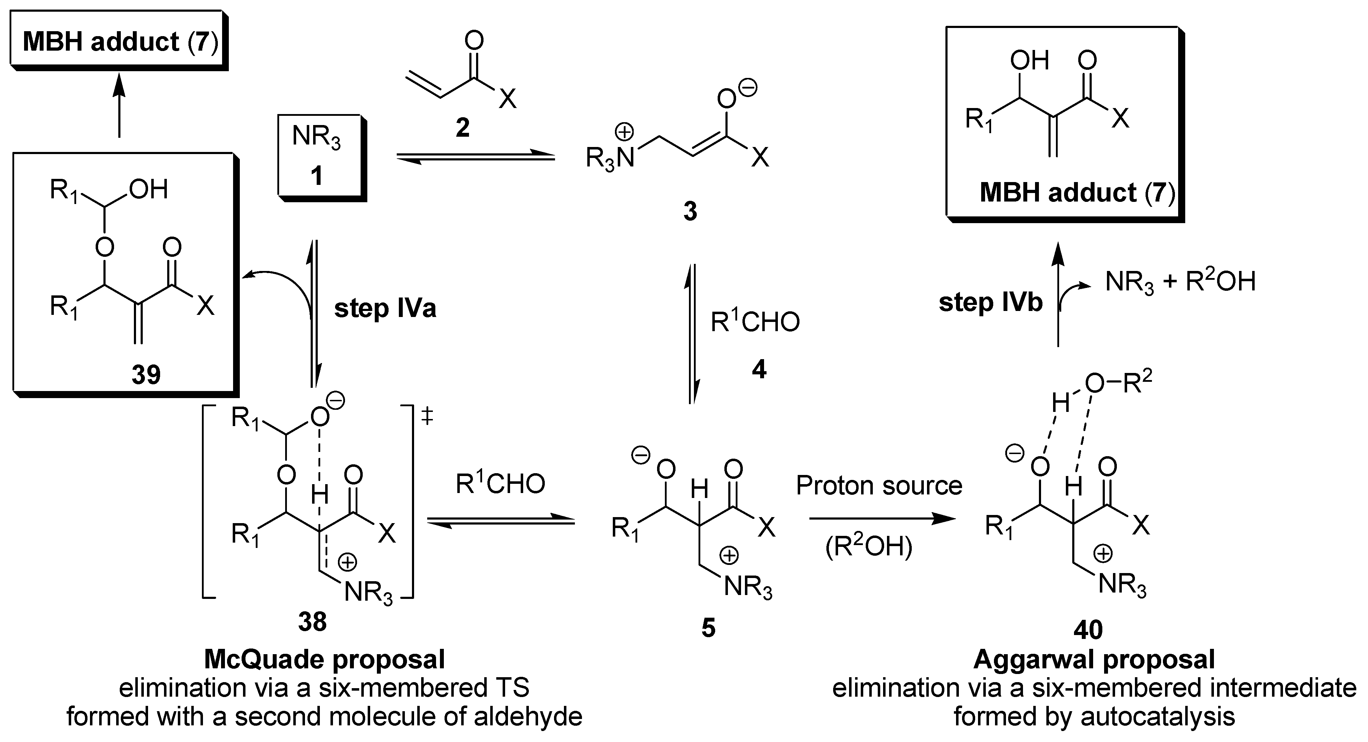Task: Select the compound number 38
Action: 312,622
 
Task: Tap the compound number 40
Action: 1087,629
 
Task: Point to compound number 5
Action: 708,628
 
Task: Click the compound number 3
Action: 690,211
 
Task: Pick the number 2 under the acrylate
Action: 463,128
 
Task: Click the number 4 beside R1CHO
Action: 759,369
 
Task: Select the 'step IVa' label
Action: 385,308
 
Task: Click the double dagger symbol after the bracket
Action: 427,417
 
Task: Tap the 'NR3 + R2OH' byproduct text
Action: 1180,282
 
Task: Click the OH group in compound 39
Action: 149,189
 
